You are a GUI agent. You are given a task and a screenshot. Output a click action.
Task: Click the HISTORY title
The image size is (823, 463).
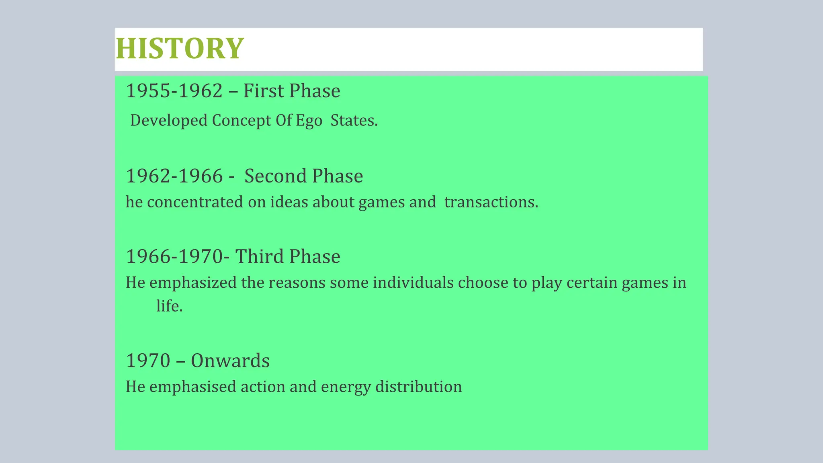click(x=179, y=49)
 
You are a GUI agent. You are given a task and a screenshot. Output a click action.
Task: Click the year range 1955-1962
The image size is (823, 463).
click(x=174, y=91)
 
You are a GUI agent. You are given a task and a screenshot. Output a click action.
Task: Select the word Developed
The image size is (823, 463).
click(x=169, y=121)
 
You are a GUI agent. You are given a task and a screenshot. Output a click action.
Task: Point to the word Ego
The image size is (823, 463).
click(x=309, y=121)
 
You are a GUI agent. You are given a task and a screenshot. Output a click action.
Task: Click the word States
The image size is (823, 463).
click(x=354, y=121)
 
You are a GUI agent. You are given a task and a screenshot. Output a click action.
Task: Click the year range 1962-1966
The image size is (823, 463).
click(x=174, y=176)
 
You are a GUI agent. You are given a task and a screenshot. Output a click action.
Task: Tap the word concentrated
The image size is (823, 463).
click(x=195, y=202)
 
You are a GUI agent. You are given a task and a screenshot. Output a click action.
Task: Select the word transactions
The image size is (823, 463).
click(x=491, y=202)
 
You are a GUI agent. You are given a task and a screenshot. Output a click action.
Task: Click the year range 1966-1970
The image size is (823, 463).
click(x=174, y=257)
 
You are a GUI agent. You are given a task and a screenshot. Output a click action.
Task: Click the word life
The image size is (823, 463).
click(x=169, y=306)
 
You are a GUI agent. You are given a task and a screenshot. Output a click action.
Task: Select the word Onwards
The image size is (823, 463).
click(x=230, y=361)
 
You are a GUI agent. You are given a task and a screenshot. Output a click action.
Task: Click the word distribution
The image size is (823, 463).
click(x=418, y=387)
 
